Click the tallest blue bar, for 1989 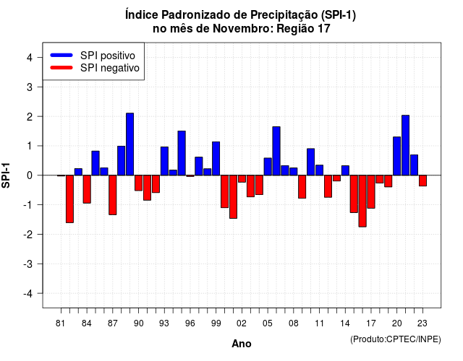click(129, 144)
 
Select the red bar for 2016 click(362, 201)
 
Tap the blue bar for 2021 click(405, 145)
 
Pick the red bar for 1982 click(69, 199)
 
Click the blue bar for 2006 click(276, 151)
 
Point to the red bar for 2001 click(233, 197)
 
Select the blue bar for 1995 click(182, 153)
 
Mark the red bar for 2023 click(422, 180)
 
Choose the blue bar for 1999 click(216, 159)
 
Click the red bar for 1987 click(113, 195)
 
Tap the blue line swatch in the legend click(61, 55)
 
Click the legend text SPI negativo click(110, 68)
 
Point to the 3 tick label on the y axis click(30, 87)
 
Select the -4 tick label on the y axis click(28, 294)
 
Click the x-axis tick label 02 click(242, 323)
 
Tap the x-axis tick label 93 click(164, 323)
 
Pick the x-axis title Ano click(242, 344)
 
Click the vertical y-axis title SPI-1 click(6, 175)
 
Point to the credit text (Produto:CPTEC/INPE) click(396, 339)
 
